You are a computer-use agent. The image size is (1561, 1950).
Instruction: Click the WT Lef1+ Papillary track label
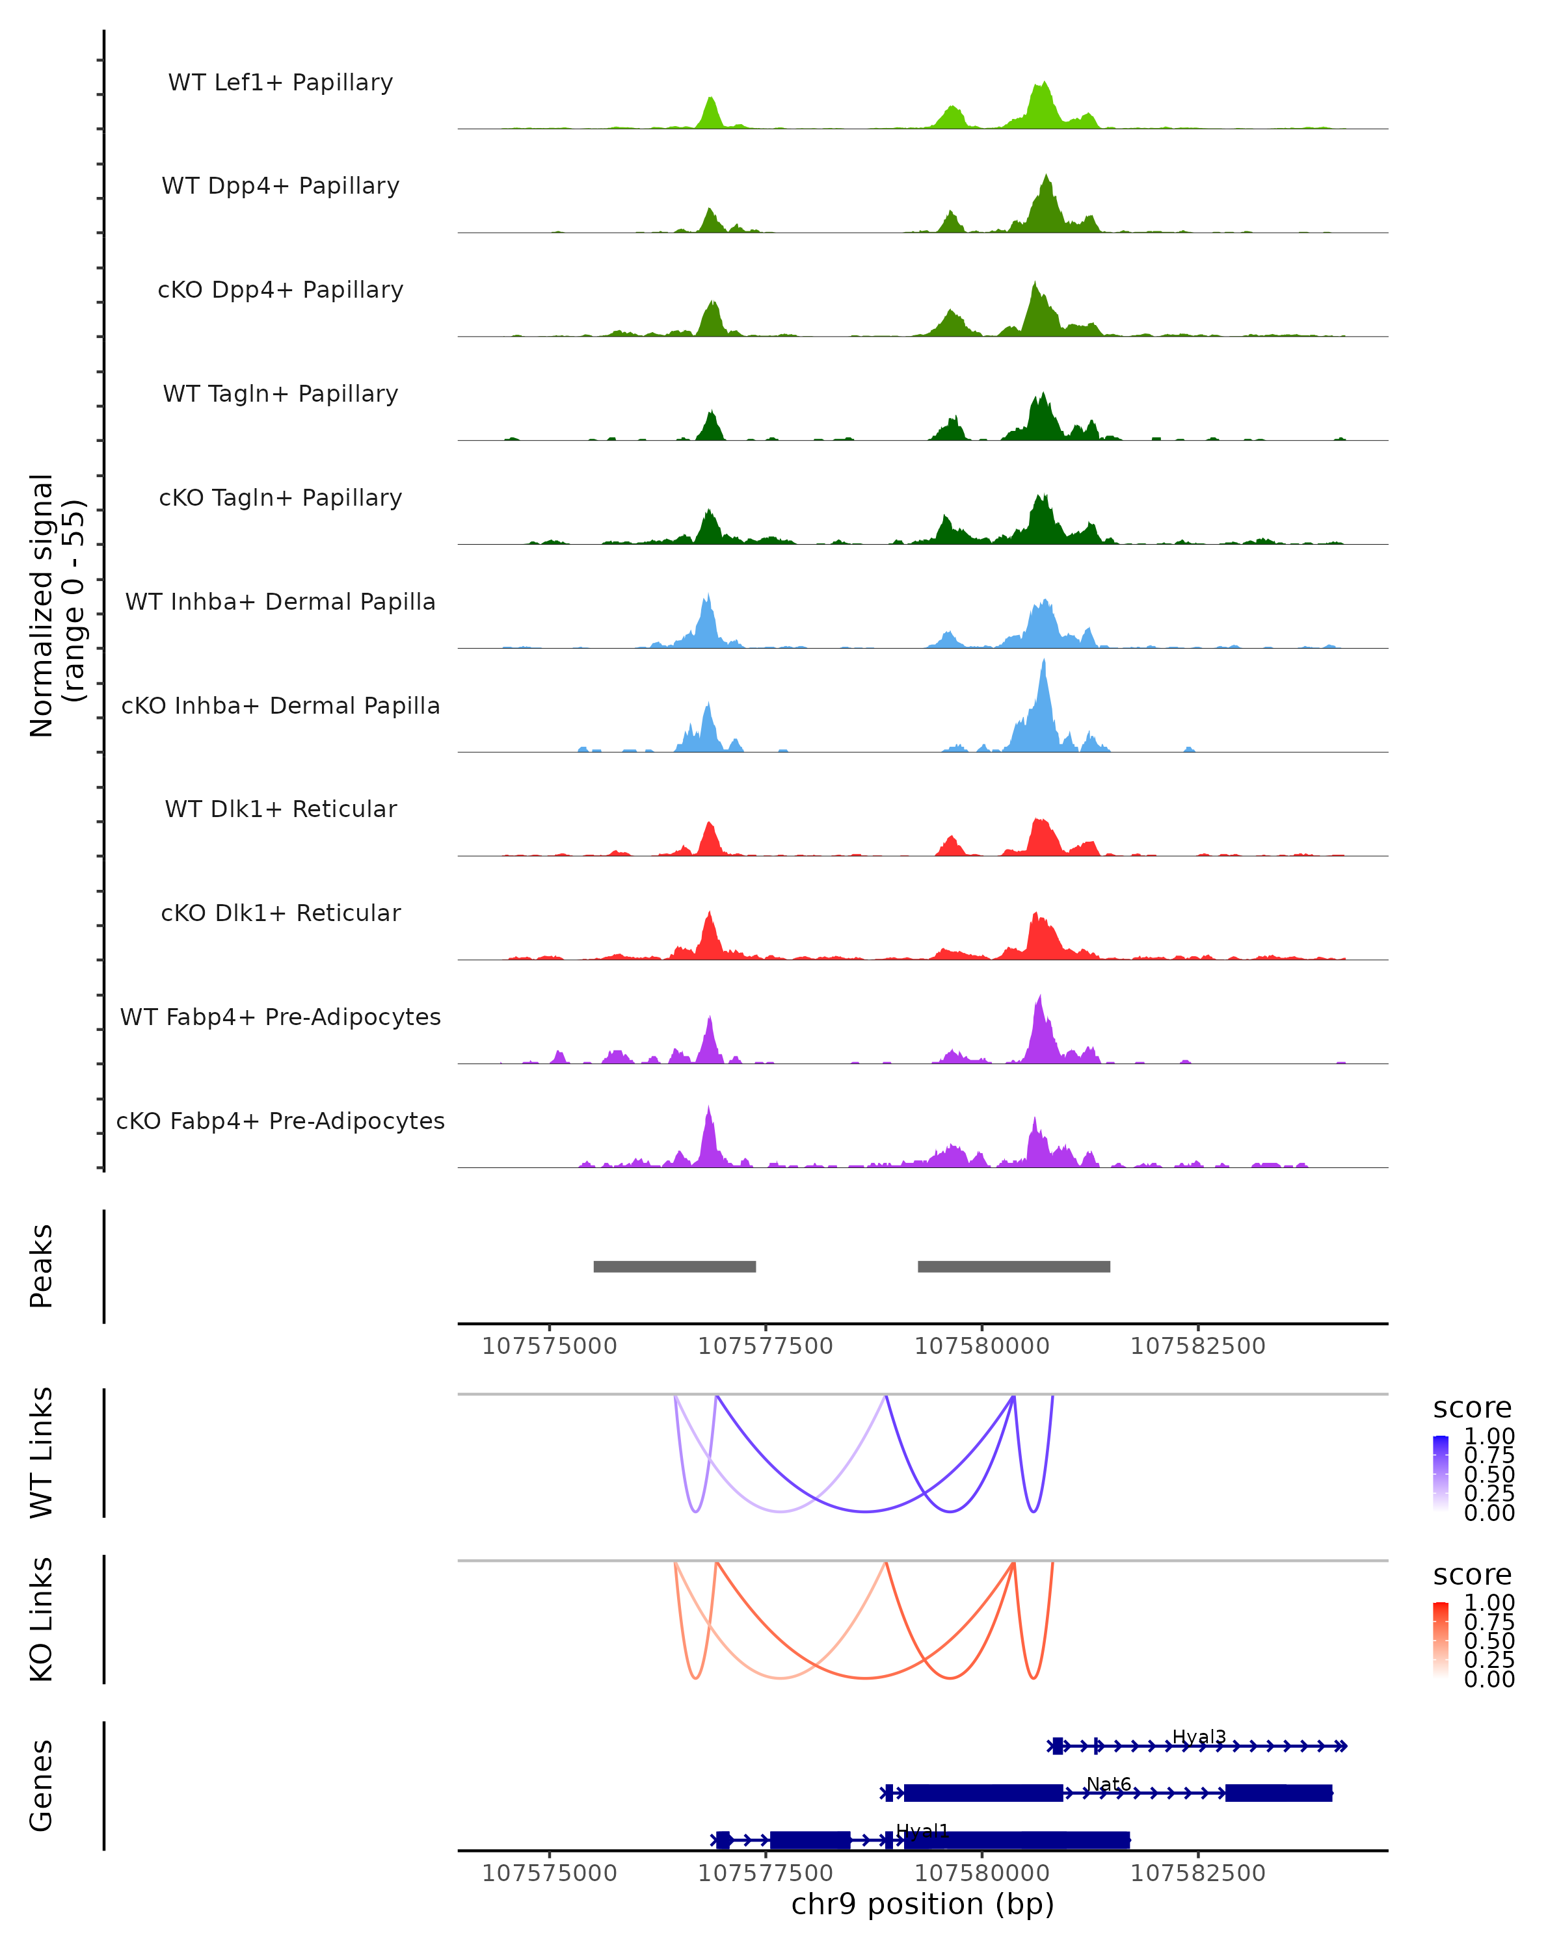coord(280,83)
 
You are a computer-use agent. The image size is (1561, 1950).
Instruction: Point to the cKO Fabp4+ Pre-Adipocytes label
coord(280,1121)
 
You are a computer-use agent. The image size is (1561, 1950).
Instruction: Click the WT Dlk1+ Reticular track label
coord(280,809)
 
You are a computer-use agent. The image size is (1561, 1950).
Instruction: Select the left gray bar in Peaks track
coord(674,1266)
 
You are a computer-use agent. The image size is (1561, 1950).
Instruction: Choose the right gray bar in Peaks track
coord(1013,1266)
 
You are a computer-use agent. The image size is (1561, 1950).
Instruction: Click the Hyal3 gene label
coord(1198,1737)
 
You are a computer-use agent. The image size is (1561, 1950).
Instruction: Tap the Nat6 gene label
coord(1108,1784)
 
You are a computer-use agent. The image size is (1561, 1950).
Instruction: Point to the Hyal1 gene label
coord(922,1830)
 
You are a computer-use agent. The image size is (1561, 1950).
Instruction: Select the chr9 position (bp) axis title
coord(922,1904)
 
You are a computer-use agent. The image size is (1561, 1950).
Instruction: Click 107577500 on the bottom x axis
coord(765,1871)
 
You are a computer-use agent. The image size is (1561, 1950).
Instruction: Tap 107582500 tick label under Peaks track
coord(1197,1346)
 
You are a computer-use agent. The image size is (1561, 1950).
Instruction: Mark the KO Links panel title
coord(42,1619)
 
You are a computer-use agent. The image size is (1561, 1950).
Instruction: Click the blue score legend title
coord(1471,1407)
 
